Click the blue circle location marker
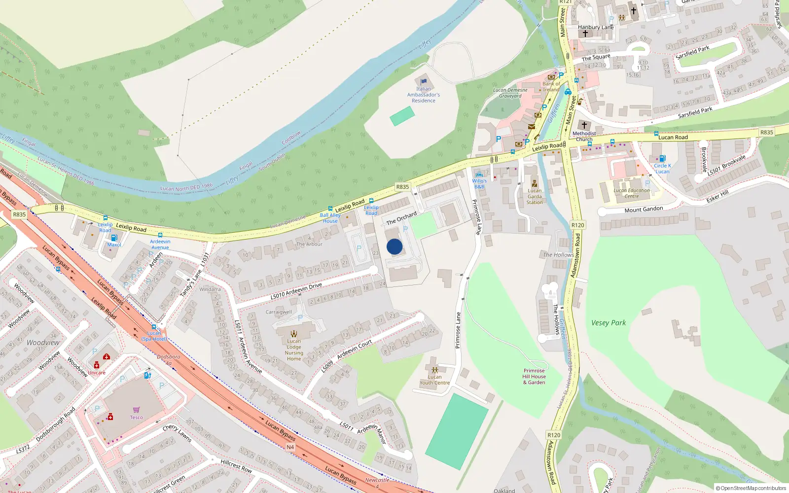pos(394,246)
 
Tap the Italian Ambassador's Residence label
pos(423,95)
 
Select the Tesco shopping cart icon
pos(136,410)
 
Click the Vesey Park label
pos(609,323)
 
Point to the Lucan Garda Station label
pos(535,197)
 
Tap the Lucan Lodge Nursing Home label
pos(294,350)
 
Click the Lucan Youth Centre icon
pos(434,370)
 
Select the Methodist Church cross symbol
pos(584,125)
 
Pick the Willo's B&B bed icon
pos(479,175)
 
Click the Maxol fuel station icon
pos(114,238)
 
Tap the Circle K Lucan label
pos(662,169)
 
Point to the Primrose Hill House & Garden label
pos(534,377)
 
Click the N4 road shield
pos(290,447)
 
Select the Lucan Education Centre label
pos(632,193)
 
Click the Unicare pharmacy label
pos(97,373)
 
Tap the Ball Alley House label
pos(330,218)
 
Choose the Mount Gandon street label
pos(644,210)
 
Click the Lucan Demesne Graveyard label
pos(510,93)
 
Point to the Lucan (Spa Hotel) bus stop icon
pos(154,327)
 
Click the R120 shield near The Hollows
pos(577,225)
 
